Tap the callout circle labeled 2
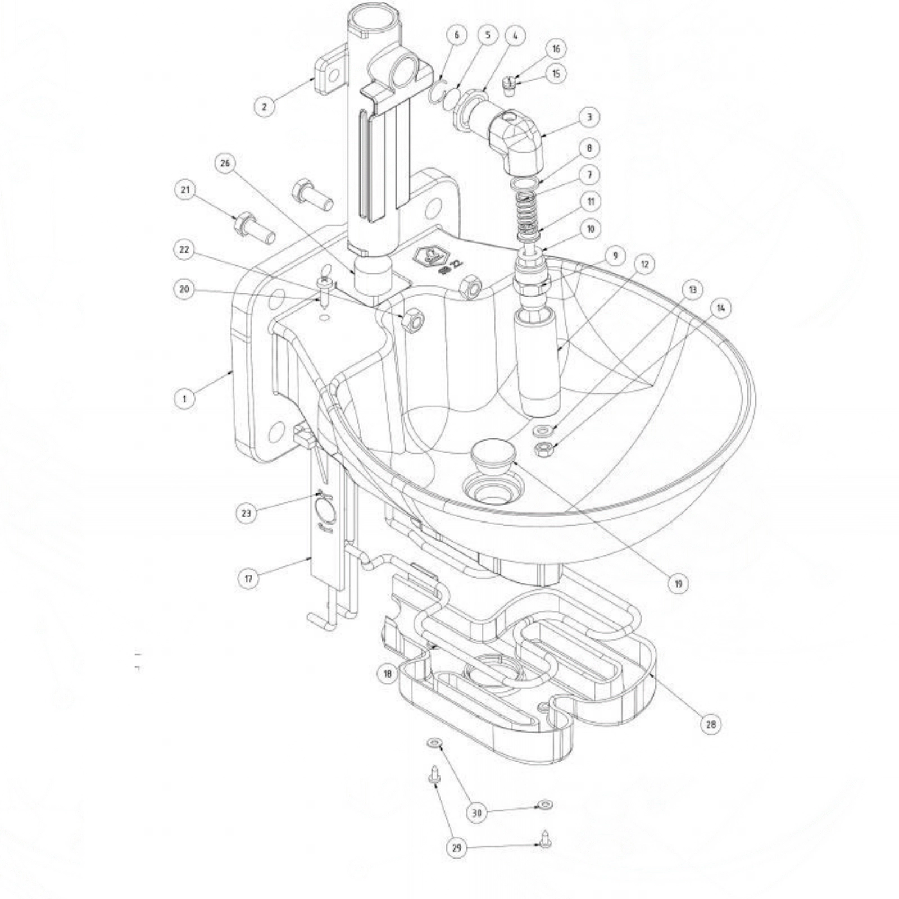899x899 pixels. click(x=265, y=105)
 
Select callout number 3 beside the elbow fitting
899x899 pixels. click(x=589, y=117)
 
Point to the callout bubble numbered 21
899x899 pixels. click(x=185, y=190)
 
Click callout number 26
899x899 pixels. click(x=225, y=164)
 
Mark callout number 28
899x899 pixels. click(x=711, y=724)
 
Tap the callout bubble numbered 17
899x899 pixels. click(x=249, y=579)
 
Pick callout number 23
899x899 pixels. click(x=246, y=512)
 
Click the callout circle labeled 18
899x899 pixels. click(x=388, y=674)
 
